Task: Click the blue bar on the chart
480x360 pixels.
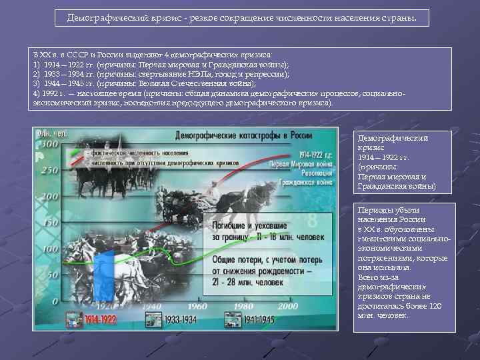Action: (x=105, y=277)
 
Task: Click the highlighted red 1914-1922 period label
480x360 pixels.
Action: (x=96, y=320)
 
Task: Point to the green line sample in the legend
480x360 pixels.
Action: (x=79, y=160)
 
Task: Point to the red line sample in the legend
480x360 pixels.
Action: (x=79, y=152)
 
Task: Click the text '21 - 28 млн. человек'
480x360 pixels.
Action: (x=247, y=282)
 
